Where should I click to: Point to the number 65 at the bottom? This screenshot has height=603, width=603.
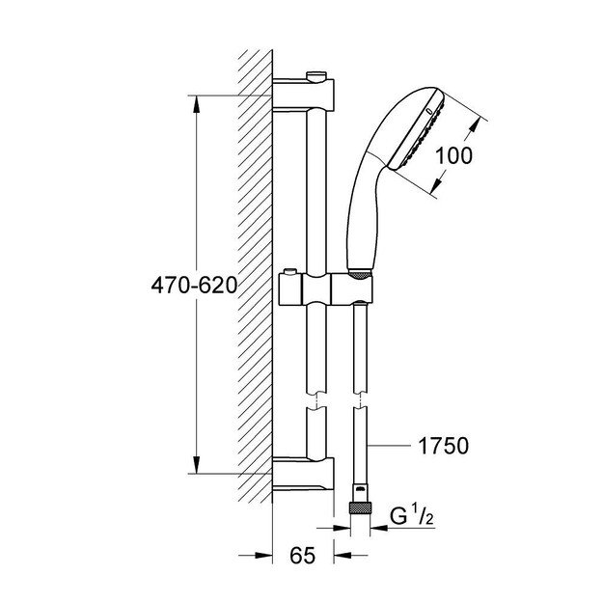pos(303,557)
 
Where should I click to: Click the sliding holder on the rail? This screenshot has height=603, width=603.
pos(323,287)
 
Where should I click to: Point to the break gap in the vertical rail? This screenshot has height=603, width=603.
pos(315,400)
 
